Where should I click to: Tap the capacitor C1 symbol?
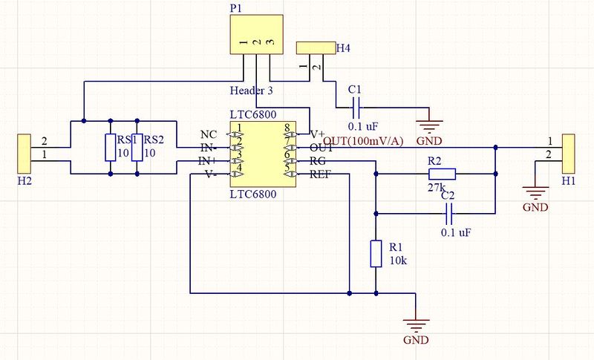point(356,107)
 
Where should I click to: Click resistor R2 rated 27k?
point(441,174)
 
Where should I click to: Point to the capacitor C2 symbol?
point(448,215)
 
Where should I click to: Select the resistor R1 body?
point(376,253)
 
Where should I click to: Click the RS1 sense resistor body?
point(111,147)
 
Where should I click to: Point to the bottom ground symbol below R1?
point(416,327)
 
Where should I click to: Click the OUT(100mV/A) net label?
point(364,141)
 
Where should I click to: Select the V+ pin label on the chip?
point(318,134)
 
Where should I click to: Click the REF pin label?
point(320,175)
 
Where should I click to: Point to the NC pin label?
point(209,134)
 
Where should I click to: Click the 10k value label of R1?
point(399,261)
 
